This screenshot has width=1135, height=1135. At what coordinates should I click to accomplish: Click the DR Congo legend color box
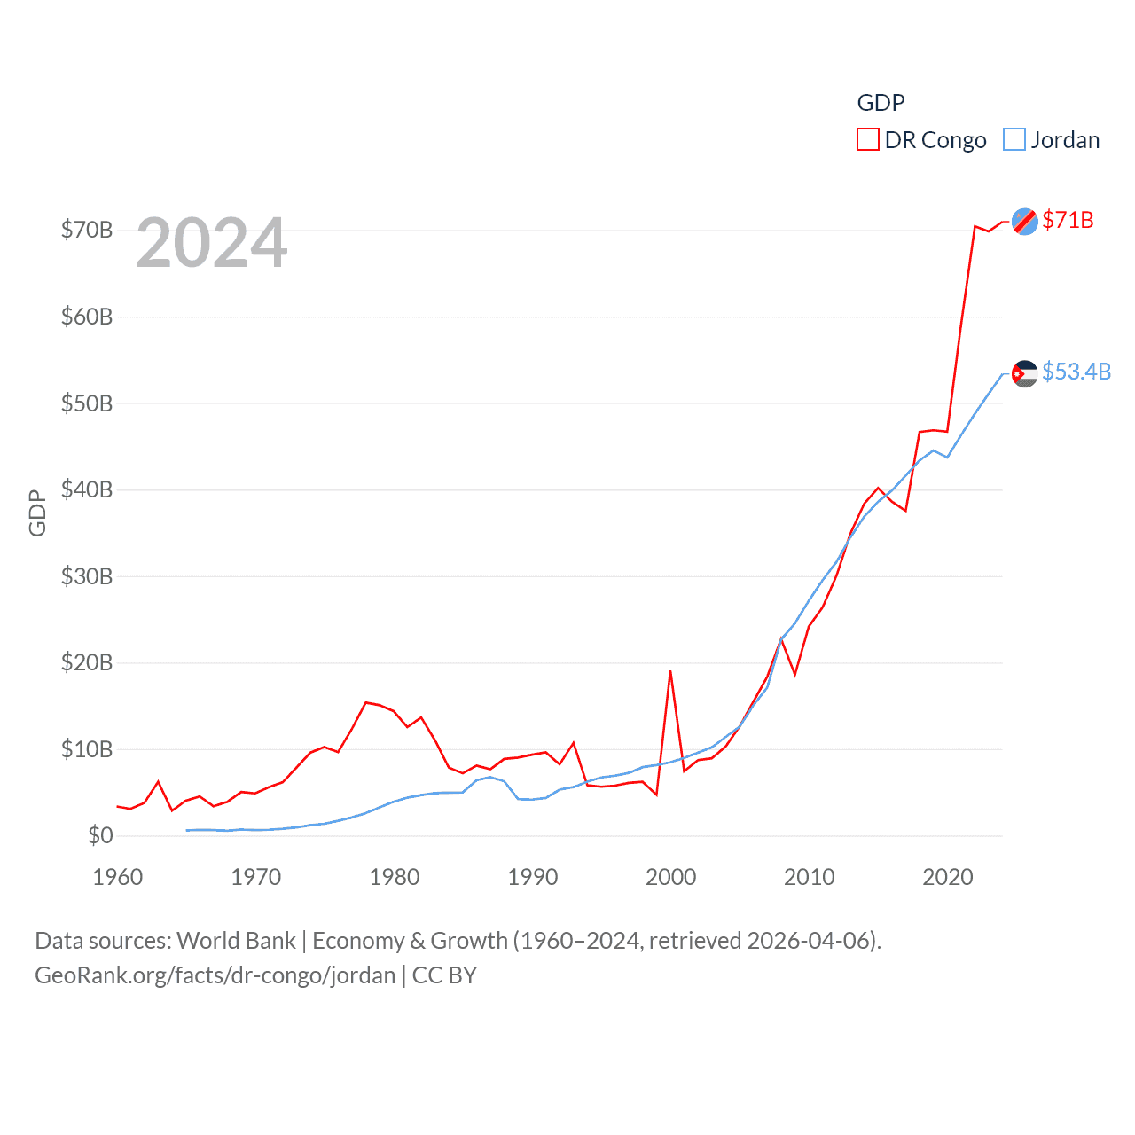coord(867,140)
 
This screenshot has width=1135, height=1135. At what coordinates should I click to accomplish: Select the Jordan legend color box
coord(1014,140)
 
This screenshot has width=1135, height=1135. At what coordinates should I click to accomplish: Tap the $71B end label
coord(1068,220)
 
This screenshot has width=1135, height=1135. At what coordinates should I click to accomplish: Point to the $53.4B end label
coord(1076,372)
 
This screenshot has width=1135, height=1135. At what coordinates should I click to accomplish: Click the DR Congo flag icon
coord(1025,222)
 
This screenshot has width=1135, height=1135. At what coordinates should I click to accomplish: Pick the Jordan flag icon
coord(1025,373)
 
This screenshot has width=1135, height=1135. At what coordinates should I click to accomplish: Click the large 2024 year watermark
coord(212,243)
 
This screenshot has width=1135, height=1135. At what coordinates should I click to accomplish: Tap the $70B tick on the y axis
coord(87,231)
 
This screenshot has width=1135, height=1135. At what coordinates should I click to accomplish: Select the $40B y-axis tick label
coord(87,489)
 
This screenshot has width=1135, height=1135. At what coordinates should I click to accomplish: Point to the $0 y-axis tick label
coord(100,835)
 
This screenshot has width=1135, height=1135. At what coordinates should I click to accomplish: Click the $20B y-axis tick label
coord(87,662)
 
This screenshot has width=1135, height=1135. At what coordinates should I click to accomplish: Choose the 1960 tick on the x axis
coord(118,877)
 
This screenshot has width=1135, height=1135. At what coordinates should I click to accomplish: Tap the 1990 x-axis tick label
coord(533,877)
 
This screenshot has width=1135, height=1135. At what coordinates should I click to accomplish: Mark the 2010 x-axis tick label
coord(810,877)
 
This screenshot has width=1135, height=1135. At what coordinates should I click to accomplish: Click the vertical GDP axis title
coord(37,513)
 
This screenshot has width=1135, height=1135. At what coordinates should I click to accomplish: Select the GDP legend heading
coord(881,103)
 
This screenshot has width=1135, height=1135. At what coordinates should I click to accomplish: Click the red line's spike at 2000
coord(670,671)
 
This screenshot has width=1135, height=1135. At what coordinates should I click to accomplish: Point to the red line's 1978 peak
coord(366,702)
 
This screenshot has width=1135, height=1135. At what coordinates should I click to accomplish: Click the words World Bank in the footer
coord(236,940)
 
